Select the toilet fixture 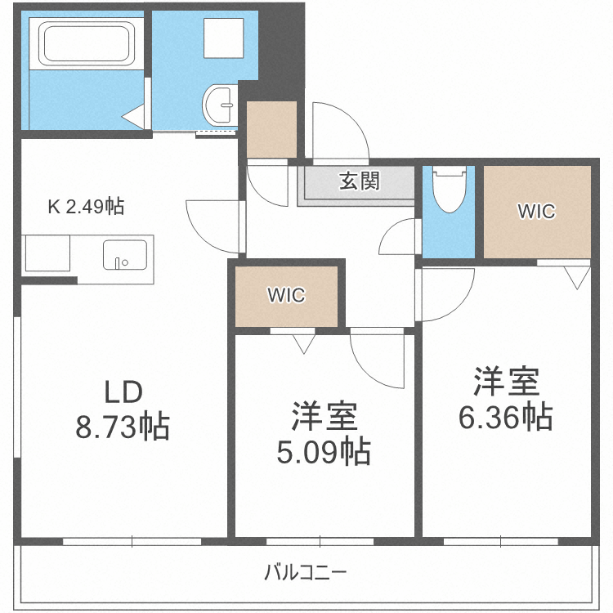(448, 191)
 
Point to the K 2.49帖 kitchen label (86, 207)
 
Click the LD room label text (123, 392)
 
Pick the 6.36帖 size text (505, 417)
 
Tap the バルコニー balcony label (306, 572)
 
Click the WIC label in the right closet (536, 212)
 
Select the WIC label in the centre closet (286, 296)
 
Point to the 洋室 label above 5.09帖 (324, 417)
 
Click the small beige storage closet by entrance (271, 129)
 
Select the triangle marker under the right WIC (578, 279)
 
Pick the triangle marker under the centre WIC (303, 344)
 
